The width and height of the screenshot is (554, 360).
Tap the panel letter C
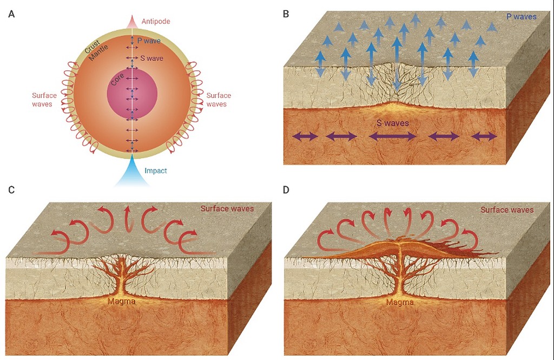coord(11,189)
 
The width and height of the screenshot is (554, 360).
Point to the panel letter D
coord(286,189)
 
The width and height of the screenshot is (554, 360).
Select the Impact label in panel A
coord(156,171)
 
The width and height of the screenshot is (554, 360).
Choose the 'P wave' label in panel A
coord(149,41)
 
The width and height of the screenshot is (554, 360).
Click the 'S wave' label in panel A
coord(151,58)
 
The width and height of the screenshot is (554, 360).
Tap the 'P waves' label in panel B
coord(521,17)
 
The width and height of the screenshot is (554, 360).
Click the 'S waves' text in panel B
coord(393,123)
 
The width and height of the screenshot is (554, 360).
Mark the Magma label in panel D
coord(400,303)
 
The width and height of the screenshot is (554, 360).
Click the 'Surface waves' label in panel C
coord(227,208)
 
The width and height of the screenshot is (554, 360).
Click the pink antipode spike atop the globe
coord(133,22)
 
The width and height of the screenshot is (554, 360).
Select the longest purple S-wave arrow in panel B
coord(393,137)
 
